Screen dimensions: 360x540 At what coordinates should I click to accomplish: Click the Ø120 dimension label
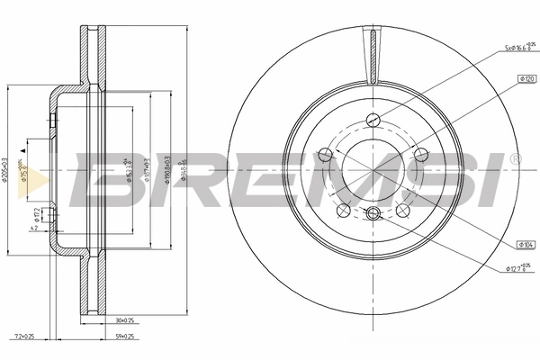pyautogui.click(x=526, y=80)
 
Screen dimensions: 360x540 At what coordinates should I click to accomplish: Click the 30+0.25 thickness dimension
pyautogui.click(x=124, y=321)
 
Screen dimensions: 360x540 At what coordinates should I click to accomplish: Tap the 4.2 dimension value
pyautogui.click(x=33, y=229)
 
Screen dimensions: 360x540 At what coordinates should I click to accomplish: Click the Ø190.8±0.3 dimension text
pyautogui.click(x=167, y=167)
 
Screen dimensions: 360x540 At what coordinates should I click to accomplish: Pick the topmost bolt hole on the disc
pyautogui.click(x=373, y=118)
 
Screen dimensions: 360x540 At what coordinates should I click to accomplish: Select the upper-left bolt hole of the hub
pyautogui.click(x=327, y=154)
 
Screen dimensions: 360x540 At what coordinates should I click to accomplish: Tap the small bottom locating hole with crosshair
pyautogui.click(x=373, y=213)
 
